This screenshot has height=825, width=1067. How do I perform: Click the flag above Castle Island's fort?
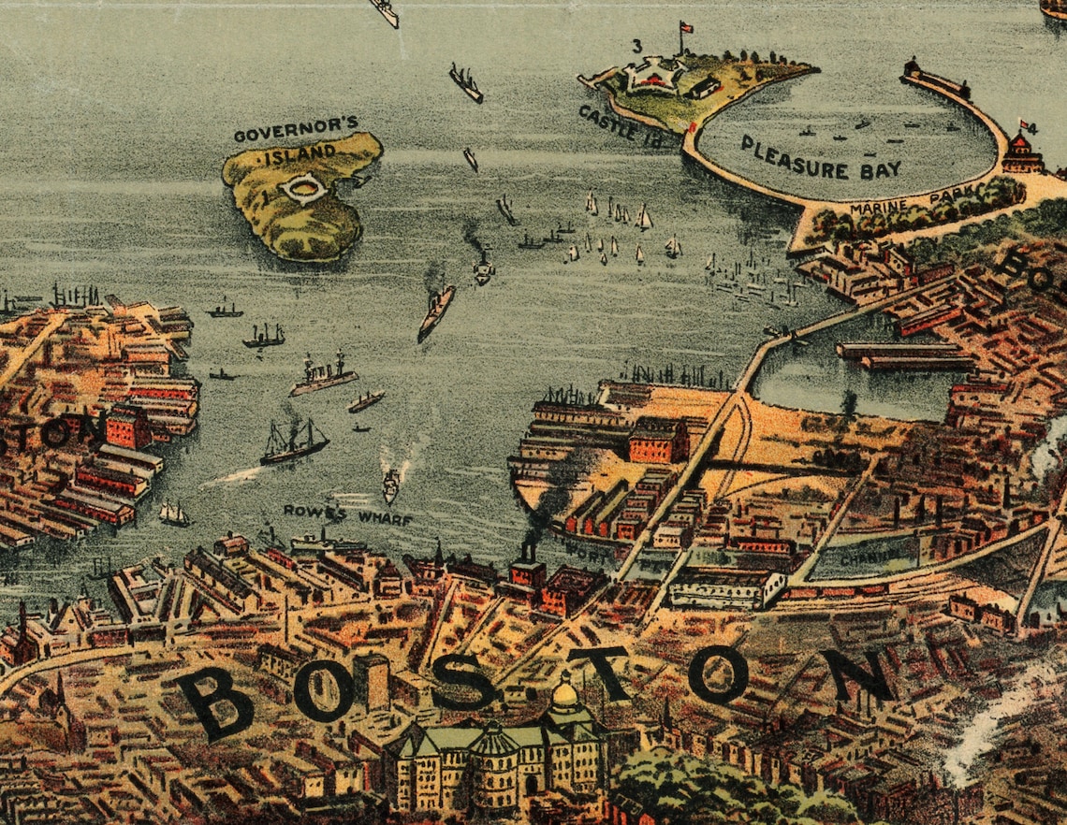click(685, 27)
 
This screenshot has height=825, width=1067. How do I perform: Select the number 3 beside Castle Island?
click(637, 45)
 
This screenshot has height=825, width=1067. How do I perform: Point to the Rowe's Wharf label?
click(348, 514)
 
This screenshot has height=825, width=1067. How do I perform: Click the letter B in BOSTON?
click(215, 702)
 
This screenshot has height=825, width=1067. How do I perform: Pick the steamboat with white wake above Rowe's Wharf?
click(390, 485)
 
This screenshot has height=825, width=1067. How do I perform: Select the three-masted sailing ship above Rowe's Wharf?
click(293, 441)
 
